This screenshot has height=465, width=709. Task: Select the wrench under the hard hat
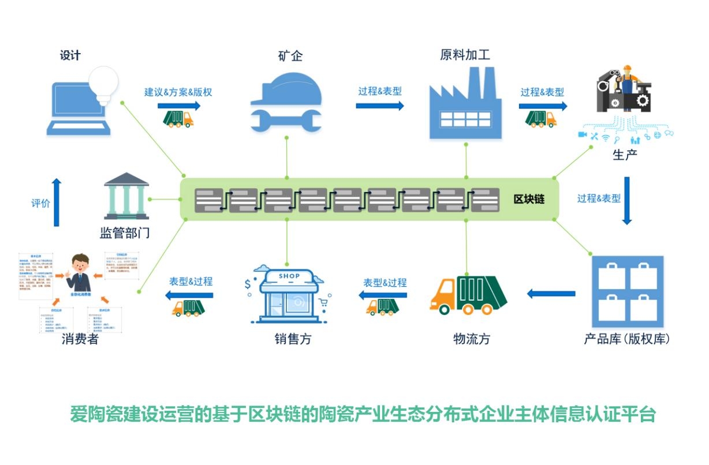[x=286, y=120]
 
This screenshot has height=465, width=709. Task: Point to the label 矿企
[x=290, y=56]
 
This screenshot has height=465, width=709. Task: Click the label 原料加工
[x=465, y=55]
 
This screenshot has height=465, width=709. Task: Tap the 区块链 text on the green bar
[x=529, y=200]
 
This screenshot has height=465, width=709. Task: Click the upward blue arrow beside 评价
[x=56, y=202]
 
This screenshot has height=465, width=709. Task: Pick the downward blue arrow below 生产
[x=627, y=201]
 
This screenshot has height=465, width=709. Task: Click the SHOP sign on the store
[x=289, y=276]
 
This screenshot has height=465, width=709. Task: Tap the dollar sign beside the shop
[x=248, y=284]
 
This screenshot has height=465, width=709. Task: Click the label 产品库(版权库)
[x=627, y=339]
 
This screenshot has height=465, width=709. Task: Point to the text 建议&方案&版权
[x=174, y=92]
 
